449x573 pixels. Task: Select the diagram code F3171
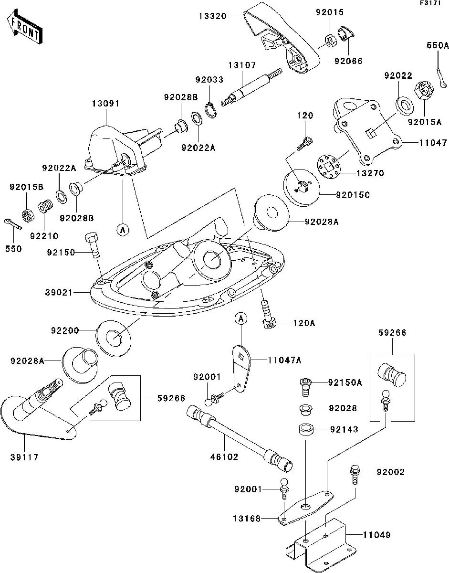tap(430, 4)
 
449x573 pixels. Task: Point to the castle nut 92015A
tap(426, 90)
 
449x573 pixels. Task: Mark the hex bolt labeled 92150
tap(93, 244)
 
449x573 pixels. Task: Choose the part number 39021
tap(61, 292)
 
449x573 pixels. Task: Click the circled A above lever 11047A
tap(241, 318)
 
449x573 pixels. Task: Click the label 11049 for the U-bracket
tap(377, 535)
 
